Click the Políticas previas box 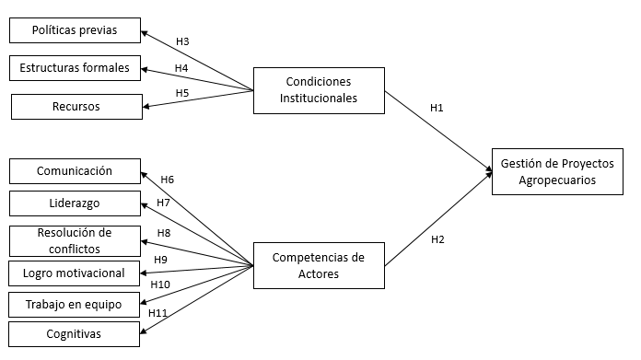point(75,29)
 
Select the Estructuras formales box point(75,68)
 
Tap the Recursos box point(76,107)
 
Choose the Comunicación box point(75,171)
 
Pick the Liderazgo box point(75,203)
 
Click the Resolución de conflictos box point(75,240)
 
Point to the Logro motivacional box point(75,273)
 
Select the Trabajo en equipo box point(75,303)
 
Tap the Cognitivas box point(75,333)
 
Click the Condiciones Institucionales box point(318,89)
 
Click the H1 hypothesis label point(437,109)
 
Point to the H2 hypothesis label point(437,240)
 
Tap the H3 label point(181,41)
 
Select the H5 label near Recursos point(181,92)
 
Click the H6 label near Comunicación point(167,180)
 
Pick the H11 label point(157,313)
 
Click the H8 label point(163,233)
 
